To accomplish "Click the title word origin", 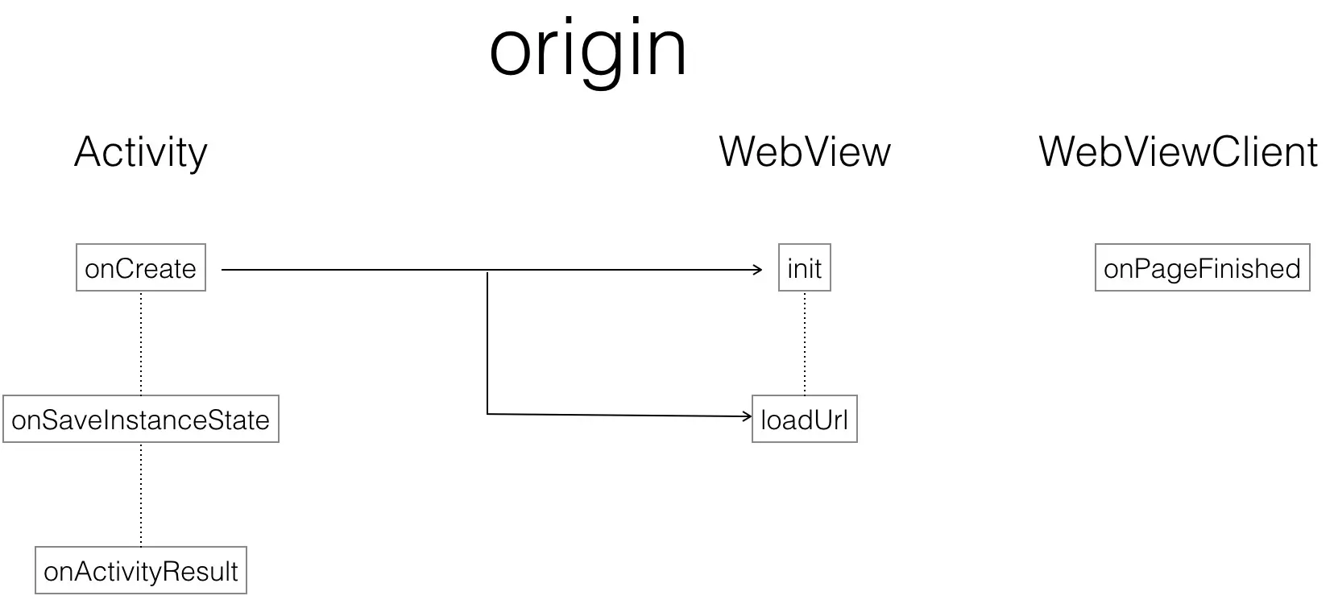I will [588, 50].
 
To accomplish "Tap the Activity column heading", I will [141, 152].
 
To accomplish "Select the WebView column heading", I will [804, 151].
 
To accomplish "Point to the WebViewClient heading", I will [1178, 151].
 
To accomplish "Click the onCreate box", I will [141, 268].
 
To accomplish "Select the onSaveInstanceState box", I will [141, 419].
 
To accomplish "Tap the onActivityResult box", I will [141, 571].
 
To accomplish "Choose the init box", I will [804, 268].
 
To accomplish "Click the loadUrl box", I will [804, 419].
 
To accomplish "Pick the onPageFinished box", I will [1202, 268].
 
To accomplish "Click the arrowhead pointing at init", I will [758, 270].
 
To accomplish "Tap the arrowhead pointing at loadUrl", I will [747, 416].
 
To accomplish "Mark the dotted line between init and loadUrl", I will [805, 342].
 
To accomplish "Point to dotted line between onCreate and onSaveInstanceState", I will [141, 342].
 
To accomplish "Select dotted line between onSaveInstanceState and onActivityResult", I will [141, 494].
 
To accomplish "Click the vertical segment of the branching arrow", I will [487, 342].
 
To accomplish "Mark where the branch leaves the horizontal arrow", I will [487, 271].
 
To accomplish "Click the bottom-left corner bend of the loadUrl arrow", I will [487, 413].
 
